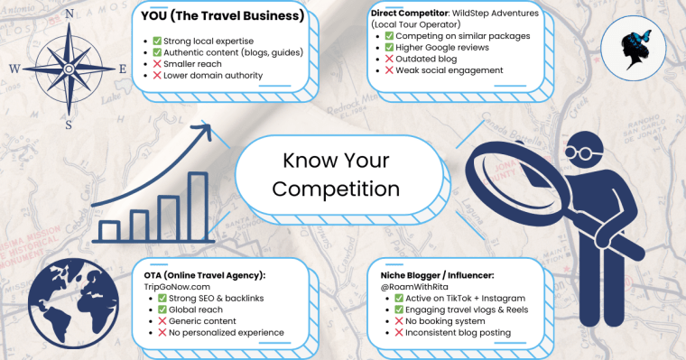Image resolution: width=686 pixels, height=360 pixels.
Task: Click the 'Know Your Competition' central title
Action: (x=340, y=175)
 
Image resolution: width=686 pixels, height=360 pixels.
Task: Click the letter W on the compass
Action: (x=14, y=68)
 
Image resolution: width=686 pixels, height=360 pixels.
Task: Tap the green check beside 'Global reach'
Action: (x=163, y=309)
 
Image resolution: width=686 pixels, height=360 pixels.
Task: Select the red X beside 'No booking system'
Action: (x=399, y=320)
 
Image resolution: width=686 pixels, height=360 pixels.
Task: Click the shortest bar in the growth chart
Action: (x=109, y=230)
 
